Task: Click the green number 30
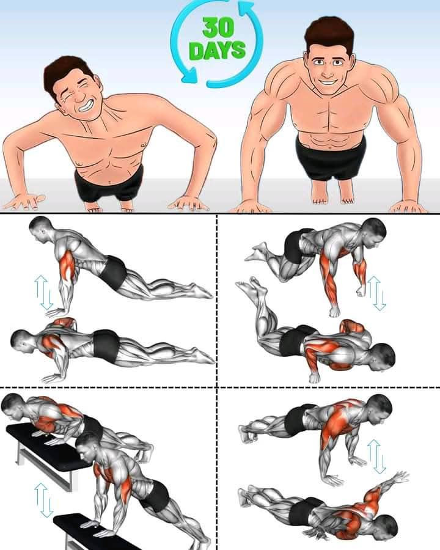click(218, 28)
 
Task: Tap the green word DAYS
click(217, 50)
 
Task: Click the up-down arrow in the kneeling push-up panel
click(377, 293)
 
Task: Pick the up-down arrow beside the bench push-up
click(43, 500)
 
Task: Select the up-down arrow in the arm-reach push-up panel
click(377, 457)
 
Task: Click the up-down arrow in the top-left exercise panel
click(43, 293)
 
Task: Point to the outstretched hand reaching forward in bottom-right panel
click(400, 477)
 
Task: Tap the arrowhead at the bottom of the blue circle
click(189, 75)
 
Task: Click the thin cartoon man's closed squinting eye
click(68, 94)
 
